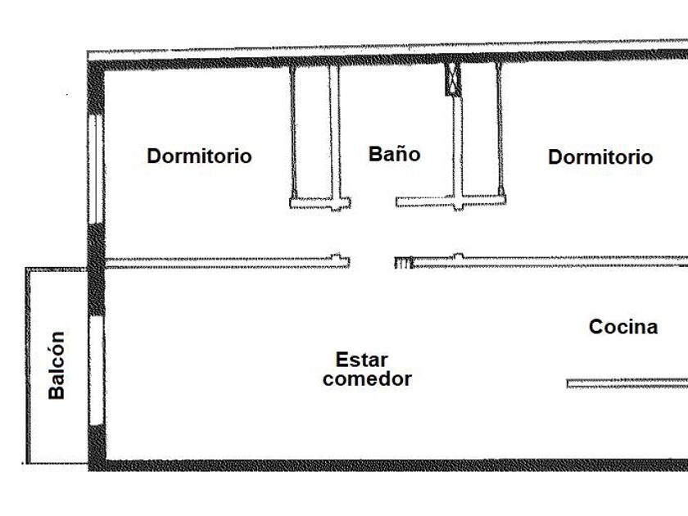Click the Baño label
coord(394,154)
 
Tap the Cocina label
coord(623,327)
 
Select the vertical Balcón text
coord(56,364)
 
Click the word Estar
coord(361,360)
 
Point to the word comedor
coord(367,379)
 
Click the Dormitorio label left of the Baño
coord(199,156)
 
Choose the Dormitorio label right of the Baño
coord(600,156)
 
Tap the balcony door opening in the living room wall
coord(96,370)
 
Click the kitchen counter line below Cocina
coord(627,382)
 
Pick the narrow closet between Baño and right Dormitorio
coord(479,131)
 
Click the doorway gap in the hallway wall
coord(372,262)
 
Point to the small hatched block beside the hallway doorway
coord(401,263)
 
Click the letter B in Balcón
coord(56,392)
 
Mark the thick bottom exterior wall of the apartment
coord(385,465)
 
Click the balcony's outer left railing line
coord(27,364)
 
